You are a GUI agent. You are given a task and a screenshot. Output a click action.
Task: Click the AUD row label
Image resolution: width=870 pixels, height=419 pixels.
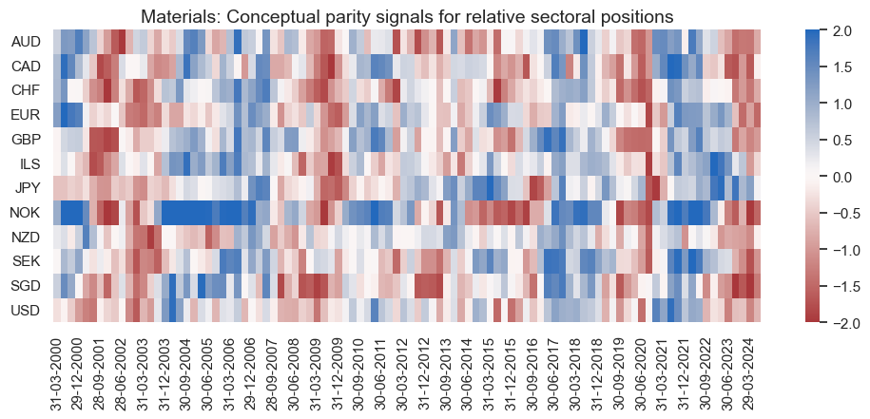(26, 43)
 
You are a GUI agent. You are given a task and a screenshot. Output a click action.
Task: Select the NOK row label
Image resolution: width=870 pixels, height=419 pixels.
(26, 212)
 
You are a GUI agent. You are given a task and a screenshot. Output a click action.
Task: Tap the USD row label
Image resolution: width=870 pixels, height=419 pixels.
(26, 310)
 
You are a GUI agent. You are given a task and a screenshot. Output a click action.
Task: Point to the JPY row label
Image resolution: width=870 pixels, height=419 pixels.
(27, 188)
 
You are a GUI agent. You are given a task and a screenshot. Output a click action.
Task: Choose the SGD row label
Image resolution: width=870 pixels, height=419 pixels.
(26, 285)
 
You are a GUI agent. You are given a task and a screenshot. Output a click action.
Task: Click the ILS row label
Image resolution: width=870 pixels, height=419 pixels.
(29, 163)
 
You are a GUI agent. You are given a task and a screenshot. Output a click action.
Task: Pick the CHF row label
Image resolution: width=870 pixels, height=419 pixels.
(26, 91)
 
